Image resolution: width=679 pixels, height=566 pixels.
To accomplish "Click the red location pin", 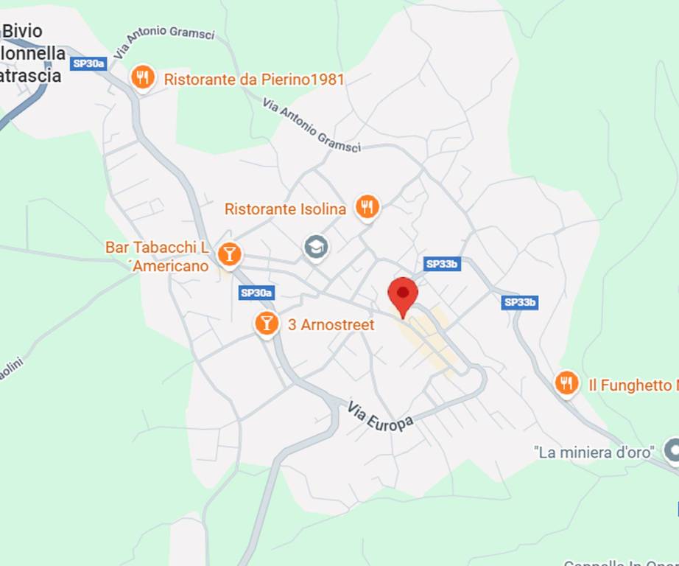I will pyautogui.click(x=403, y=295).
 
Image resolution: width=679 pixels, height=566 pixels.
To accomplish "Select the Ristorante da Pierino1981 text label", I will pyautogui.click(x=254, y=79).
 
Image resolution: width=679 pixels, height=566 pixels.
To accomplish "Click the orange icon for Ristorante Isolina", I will pyautogui.click(x=367, y=207).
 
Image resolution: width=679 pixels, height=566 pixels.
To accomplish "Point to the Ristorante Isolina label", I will pyautogui.click(x=285, y=209).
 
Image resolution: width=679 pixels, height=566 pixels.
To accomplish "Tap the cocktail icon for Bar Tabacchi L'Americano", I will pyautogui.click(x=230, y=255).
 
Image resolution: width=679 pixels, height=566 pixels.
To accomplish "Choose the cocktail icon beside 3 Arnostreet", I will pyautogui.click(x=267, y=323).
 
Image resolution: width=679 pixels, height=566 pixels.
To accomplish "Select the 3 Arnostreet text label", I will pyautogui.click(x=331, y=324).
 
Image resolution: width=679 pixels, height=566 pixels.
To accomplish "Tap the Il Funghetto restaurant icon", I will pyautogui.click(x=566, y=382).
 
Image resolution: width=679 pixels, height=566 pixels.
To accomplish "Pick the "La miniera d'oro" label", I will pyautogui.click(x=594, y=452).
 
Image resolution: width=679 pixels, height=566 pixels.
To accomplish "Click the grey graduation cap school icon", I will pyautogui.click(x=316, y=247).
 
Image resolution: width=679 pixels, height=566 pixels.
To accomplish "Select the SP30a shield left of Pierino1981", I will pyautogui.click(x=89, y=63).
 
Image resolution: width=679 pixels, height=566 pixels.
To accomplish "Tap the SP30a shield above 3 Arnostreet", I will pyautogui.click(x=257, y=293).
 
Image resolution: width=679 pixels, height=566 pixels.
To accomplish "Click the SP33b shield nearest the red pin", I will pyautogui.click(x=443, y=264).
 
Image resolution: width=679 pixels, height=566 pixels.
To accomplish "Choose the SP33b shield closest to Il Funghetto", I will pyautogui.click(x=520, y=302).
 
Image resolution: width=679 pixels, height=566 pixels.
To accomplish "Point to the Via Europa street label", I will pyautogui.click(x=381, y=417).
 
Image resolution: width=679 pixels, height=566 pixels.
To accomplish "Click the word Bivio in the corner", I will pyautogui.click(x=23, y=31).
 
